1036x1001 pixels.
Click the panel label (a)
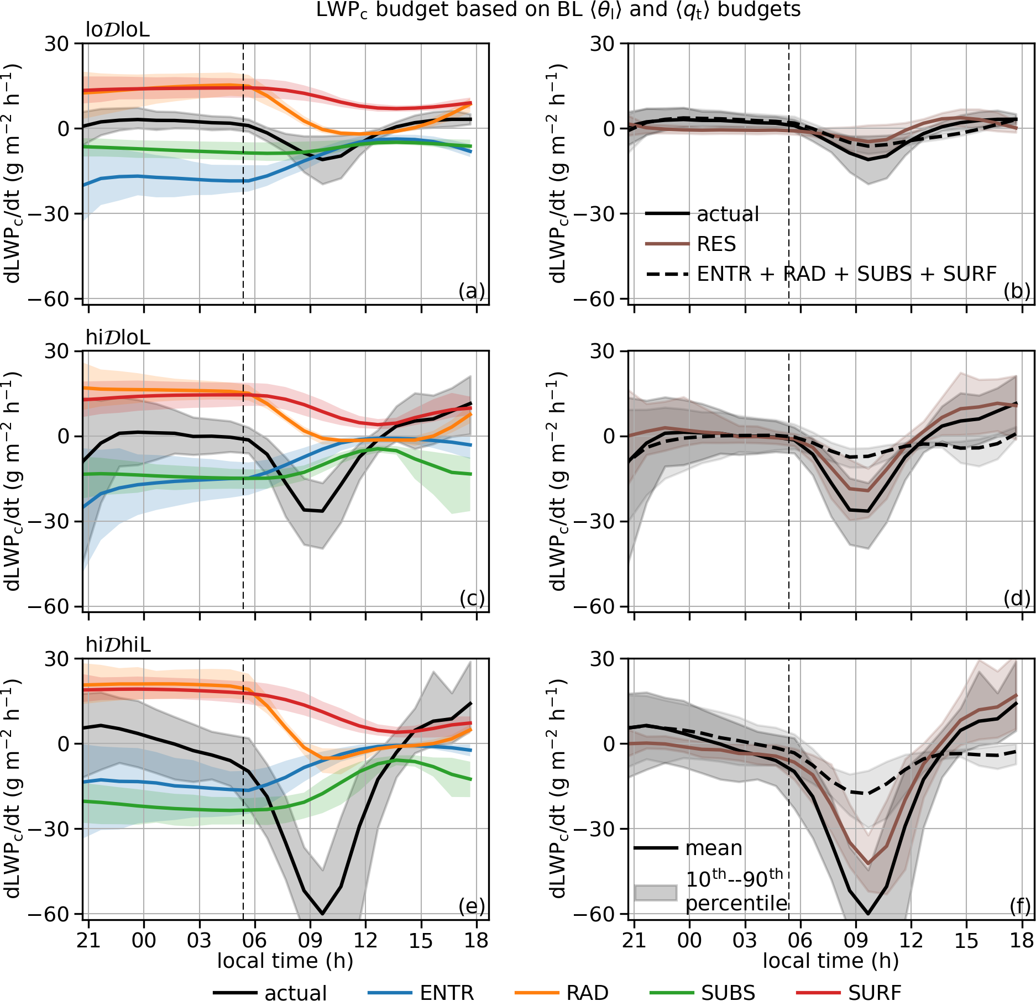point(472,291)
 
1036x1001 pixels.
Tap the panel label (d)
point(1017,598)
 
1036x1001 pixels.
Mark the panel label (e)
point(472,905)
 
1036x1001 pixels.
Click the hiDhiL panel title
point(118,644)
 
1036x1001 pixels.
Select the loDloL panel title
point(117,30)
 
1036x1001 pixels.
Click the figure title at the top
point(558,10)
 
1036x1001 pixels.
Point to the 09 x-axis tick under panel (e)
point(310,940)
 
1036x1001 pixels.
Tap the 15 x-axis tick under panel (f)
point(966,940)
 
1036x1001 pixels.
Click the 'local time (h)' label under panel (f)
point(830,961)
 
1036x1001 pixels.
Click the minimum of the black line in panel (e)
point(322,913)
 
